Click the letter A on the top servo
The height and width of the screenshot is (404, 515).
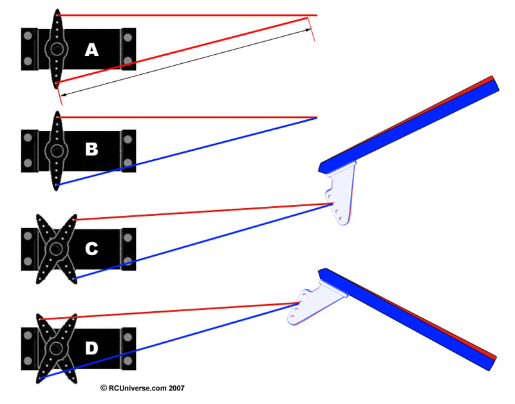91,50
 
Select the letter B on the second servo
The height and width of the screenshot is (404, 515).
91,149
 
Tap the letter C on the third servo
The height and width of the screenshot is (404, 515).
91,249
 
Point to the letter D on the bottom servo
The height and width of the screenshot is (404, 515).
91,349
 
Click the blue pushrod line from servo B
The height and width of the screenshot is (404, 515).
187,151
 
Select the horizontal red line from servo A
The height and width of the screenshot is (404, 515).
187,15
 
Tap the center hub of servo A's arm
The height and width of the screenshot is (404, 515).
57,49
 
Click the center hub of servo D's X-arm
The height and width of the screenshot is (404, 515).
57,348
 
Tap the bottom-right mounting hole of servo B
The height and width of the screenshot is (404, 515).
128,162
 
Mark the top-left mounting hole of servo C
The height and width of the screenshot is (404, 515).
28,236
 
